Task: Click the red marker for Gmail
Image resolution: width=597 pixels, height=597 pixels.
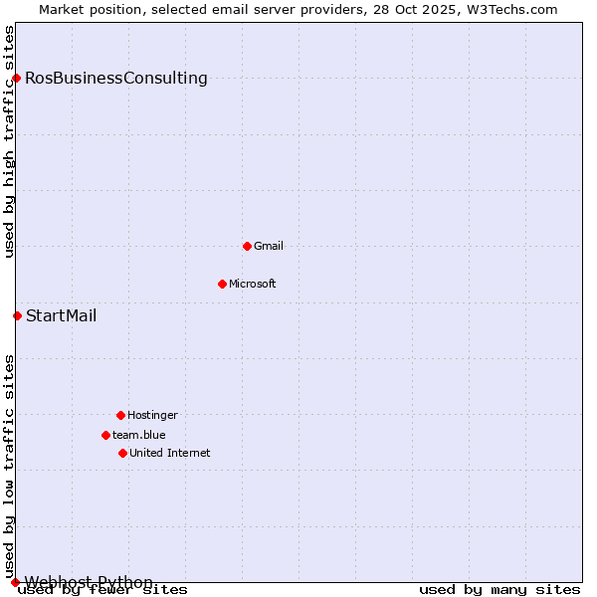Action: point(247,246)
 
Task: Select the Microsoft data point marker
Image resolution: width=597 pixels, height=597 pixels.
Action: point(222,284)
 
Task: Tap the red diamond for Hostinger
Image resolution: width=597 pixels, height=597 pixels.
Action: point(120,415)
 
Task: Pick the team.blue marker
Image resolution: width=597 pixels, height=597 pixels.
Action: point(105,435)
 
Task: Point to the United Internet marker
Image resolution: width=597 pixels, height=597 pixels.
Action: point(122,453)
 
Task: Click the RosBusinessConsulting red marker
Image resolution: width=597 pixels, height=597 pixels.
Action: point(16,78)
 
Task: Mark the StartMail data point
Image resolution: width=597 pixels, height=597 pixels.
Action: point(17,315)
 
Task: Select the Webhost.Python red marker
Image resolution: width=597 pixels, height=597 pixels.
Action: point(15,582)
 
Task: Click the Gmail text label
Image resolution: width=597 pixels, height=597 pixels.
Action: point(269,246)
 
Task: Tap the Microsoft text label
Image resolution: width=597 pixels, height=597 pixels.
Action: point(253,284)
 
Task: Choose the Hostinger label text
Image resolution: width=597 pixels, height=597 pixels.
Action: point(152,415)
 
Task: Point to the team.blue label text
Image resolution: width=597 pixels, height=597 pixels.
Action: point(139,435)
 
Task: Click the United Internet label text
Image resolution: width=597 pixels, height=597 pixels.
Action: point(170,453)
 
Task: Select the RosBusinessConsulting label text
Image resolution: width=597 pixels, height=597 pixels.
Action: point(116,79)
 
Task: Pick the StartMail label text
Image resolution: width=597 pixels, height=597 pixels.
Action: point(62,316)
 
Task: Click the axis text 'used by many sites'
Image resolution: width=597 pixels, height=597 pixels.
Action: point(499,590)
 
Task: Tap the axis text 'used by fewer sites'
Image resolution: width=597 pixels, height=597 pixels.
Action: point(102,590)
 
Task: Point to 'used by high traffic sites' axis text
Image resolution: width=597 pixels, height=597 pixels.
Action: point(10,141)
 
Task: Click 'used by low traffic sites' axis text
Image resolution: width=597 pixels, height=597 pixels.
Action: point(10,466)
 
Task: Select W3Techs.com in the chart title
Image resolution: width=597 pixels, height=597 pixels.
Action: point(512,9)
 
